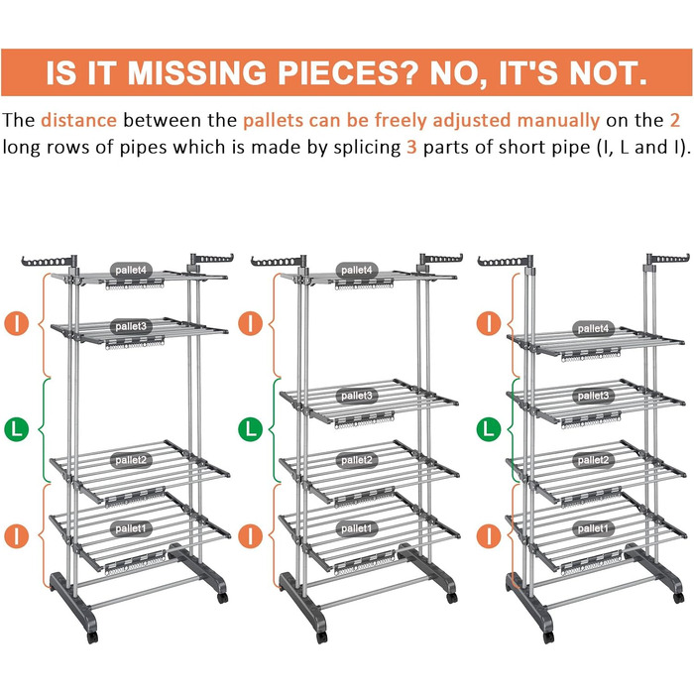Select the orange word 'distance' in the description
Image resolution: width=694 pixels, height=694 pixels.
click(78, 120)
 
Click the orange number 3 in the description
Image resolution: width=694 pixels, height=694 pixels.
click(411, 147)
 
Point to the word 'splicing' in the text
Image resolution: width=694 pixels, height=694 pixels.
click(368, 148)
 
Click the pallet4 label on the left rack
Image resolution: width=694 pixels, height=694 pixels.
click(131, 270)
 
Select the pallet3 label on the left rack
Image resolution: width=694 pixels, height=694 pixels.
click(131, 326)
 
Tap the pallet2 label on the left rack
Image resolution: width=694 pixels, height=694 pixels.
click(131, 460)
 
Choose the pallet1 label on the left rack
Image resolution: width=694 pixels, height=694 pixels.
click(131, 528)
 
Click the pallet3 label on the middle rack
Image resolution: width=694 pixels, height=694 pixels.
click(357, 396)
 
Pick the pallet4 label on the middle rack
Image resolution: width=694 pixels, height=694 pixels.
click(357, 270)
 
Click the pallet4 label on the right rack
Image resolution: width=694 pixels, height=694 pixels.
click(593, 329)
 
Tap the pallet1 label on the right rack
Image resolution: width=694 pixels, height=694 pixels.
click(593, 528)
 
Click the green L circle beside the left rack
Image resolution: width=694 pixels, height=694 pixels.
click(17, 429)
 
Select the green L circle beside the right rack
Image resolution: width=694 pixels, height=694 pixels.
click(489, 429)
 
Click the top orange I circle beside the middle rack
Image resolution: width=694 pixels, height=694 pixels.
click(251, 323)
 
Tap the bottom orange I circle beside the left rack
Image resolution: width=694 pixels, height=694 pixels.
click(17, 536)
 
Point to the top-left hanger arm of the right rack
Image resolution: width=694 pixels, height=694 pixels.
click(505, 261)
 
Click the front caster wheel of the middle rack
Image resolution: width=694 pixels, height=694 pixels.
click(322, 637)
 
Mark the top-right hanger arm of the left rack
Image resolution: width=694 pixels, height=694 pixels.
click(211, 260)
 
